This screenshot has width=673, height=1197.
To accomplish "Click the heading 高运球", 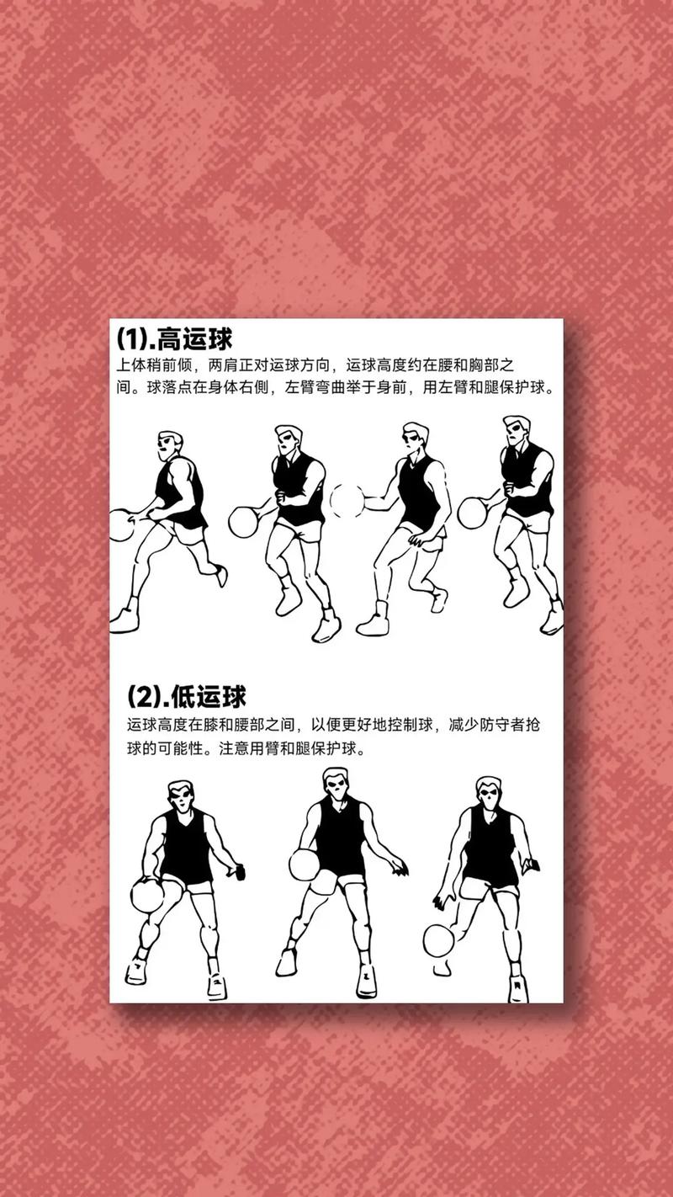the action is pos(195,338).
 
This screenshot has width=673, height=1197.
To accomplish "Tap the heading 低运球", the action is pos(209,697).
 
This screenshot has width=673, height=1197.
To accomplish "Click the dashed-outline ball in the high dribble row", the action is pos(347,501).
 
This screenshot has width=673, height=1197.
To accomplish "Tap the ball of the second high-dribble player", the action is pos(244,522).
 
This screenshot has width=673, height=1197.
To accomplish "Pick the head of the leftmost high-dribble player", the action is pos(169,446).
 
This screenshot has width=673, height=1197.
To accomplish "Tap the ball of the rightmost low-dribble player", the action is pos(439,940).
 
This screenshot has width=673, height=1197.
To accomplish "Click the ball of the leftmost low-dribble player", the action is pos(147,896).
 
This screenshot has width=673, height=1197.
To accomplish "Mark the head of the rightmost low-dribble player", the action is pos(489,793).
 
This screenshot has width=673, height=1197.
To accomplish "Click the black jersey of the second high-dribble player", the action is pos(297,489).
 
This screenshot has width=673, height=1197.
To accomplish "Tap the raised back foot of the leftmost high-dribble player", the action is pos(220,576).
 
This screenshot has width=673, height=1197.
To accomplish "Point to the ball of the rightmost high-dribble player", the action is pos(473,513).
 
